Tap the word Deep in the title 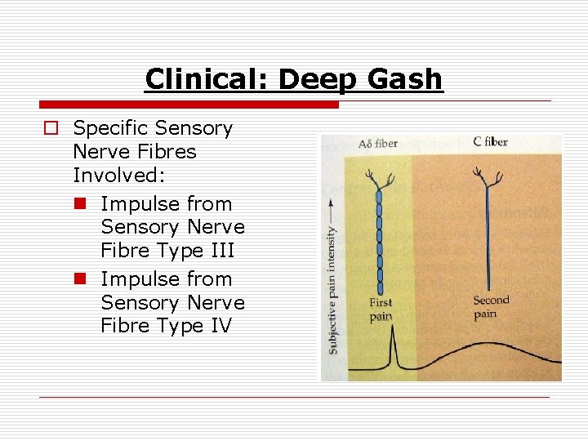(317, 79)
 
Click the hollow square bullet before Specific (51, 129)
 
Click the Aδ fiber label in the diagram (377, 144)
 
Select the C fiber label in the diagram (490, 141)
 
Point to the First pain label (381, 310)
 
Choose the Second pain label (491, 307)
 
